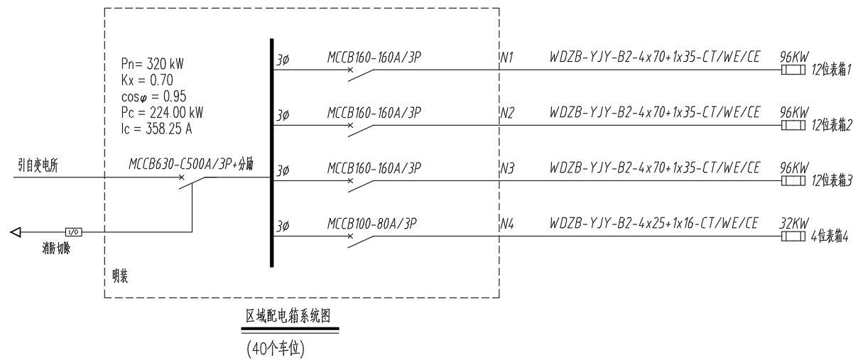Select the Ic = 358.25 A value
pos(157,129)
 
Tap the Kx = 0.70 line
pos(146,79)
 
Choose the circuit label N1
pos(507,56)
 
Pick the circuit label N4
pos(507,224)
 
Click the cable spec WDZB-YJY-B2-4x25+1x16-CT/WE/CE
pos(656,224)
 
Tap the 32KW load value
pos(793,224)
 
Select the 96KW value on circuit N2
pos(793,112)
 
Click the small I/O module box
pos(72,231)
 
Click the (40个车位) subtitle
pos(276,349)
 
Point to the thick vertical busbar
pos(272,153)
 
